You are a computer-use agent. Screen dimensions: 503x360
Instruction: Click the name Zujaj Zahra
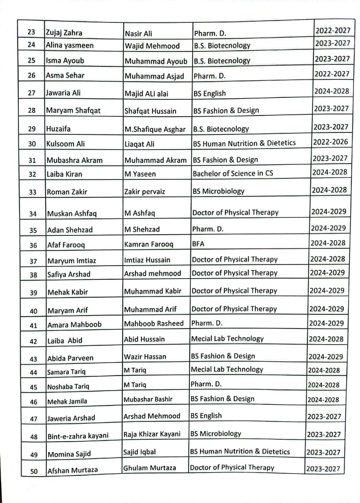[64, 33]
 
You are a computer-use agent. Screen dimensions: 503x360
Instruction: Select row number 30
[32, 144]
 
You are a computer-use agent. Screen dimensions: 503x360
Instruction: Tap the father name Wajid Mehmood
[152, 46]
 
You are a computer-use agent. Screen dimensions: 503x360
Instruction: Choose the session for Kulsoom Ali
[331, 142]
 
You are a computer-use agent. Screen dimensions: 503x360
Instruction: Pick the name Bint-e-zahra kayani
[78, 436]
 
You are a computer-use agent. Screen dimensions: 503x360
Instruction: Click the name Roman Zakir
[67, 192]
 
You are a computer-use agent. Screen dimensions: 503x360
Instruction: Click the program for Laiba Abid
[227, 339]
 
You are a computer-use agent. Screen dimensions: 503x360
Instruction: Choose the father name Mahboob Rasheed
[154, 323]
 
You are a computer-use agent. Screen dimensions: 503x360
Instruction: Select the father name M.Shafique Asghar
[155, 129]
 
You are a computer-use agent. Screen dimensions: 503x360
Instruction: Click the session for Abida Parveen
[325, 357]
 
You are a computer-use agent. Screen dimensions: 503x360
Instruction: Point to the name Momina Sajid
[69, 454]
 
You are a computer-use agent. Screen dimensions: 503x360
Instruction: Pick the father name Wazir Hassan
[145, 357]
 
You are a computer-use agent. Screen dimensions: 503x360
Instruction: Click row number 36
[33, 245]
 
